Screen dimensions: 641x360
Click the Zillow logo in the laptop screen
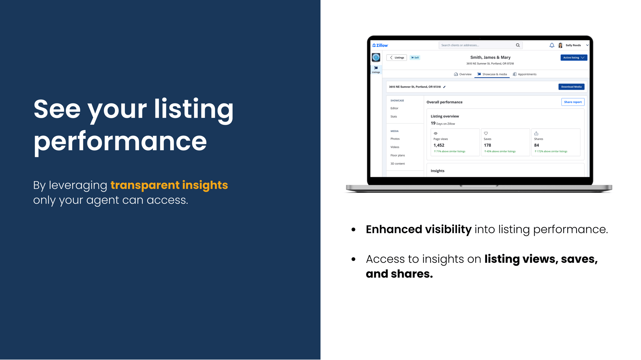(380, 45)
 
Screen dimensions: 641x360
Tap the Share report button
(573, 102)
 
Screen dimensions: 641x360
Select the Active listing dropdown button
(574, 58)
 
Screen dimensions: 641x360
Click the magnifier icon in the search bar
(518, 45)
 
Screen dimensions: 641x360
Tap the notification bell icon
(552, 45)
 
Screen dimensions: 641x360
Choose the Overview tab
(463, 74)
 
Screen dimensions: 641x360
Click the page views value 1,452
(439, 145)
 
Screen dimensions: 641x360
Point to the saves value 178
(487, 145)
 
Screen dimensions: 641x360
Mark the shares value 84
(537, 145)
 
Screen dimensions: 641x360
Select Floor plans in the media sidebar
(398, 155)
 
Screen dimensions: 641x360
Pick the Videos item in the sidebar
(395, 147)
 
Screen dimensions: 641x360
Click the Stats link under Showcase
(394, 117)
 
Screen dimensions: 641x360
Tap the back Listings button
(397, 58)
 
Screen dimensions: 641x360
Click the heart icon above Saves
(486, 133)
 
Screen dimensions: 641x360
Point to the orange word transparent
(145, 185)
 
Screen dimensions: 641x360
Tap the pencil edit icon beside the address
(444, 87)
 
